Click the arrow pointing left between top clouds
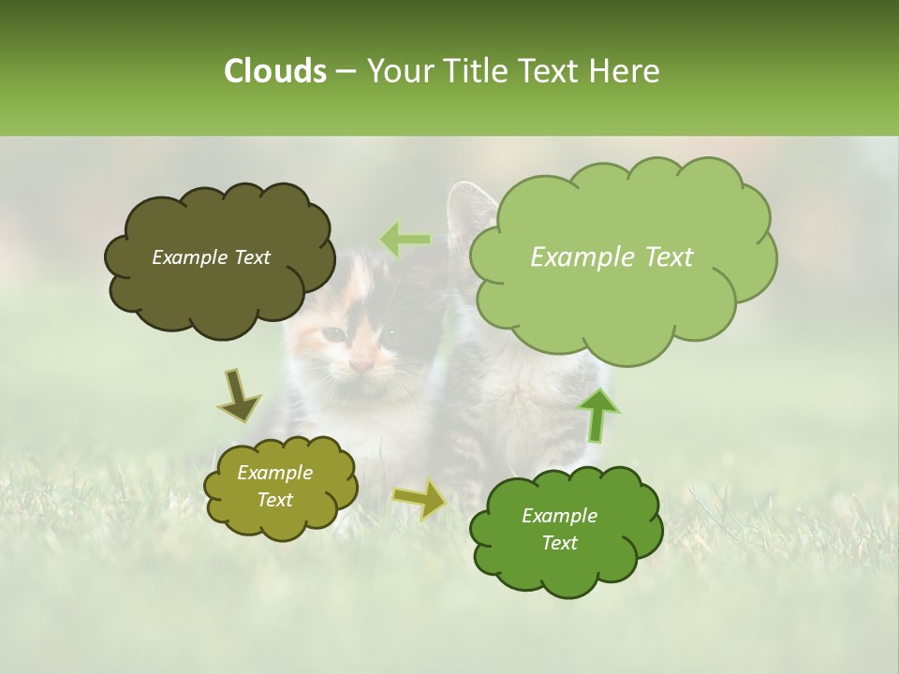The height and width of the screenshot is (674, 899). [x=404, y=241]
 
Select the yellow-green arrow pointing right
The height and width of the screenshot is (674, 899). [x=420, y=499]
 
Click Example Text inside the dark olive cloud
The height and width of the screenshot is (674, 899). [x=211, y=257]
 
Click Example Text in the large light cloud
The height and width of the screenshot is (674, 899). [x=612, y=257]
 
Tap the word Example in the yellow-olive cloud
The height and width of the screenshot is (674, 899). [x=274, y=473]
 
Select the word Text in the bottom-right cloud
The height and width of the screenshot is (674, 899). [x=559, y=543]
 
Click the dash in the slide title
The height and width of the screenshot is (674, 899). [x=346, y=72]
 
